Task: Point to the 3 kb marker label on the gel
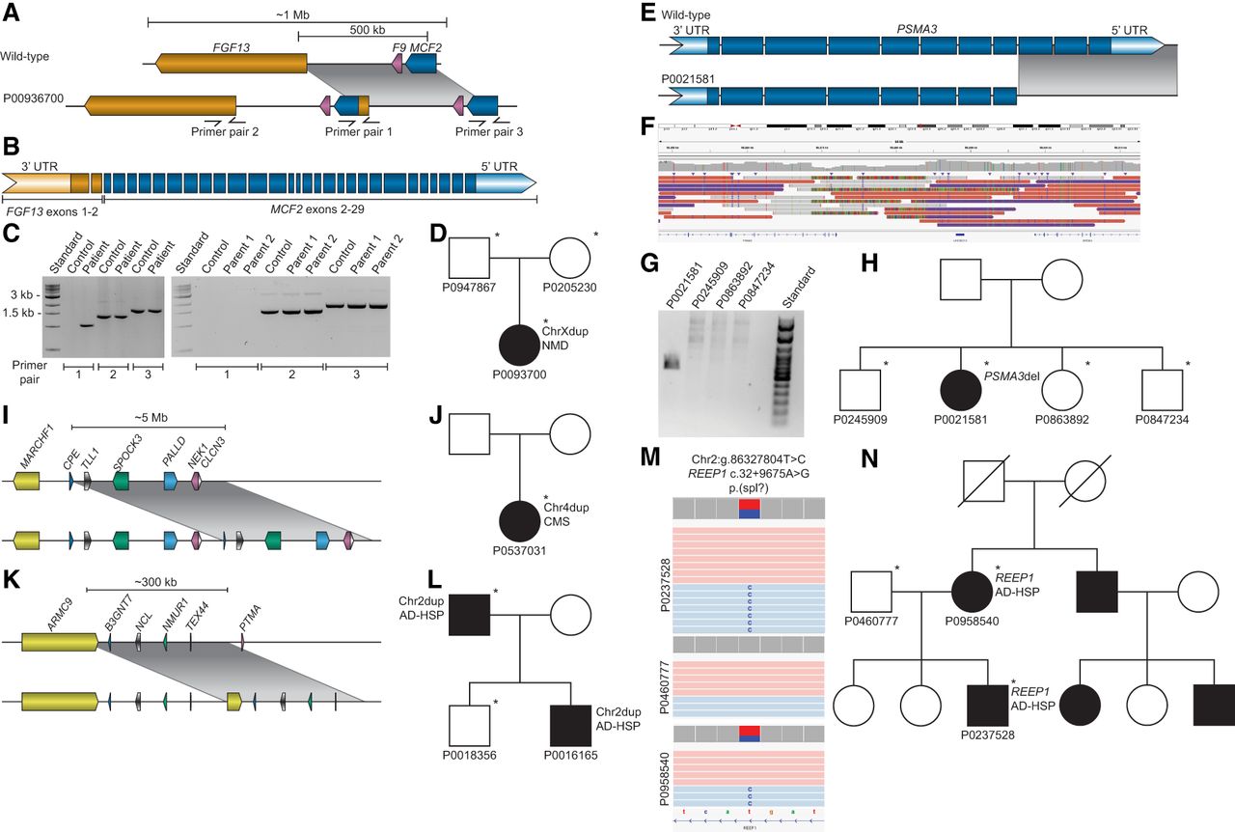click(x=19, y=294)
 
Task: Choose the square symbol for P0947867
click(x=471, y=259)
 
